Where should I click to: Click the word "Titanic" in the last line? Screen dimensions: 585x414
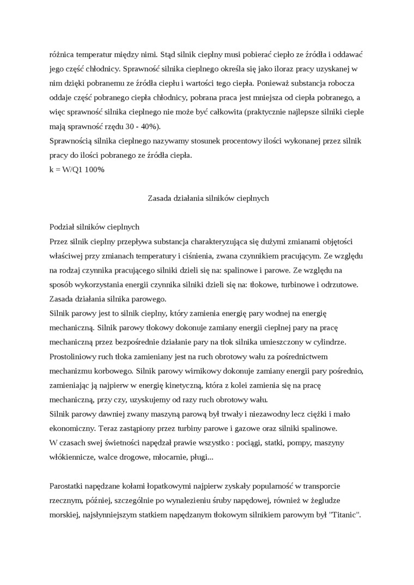[343, 514]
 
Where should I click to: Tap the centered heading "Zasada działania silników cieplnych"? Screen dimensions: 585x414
[209, 198]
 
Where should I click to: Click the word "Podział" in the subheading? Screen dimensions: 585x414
[62, 226]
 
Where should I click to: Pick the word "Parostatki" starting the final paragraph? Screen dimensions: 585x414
[67, 485]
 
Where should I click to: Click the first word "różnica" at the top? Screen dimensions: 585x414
[61, 54]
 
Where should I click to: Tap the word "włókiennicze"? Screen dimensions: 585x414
[71, 457]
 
